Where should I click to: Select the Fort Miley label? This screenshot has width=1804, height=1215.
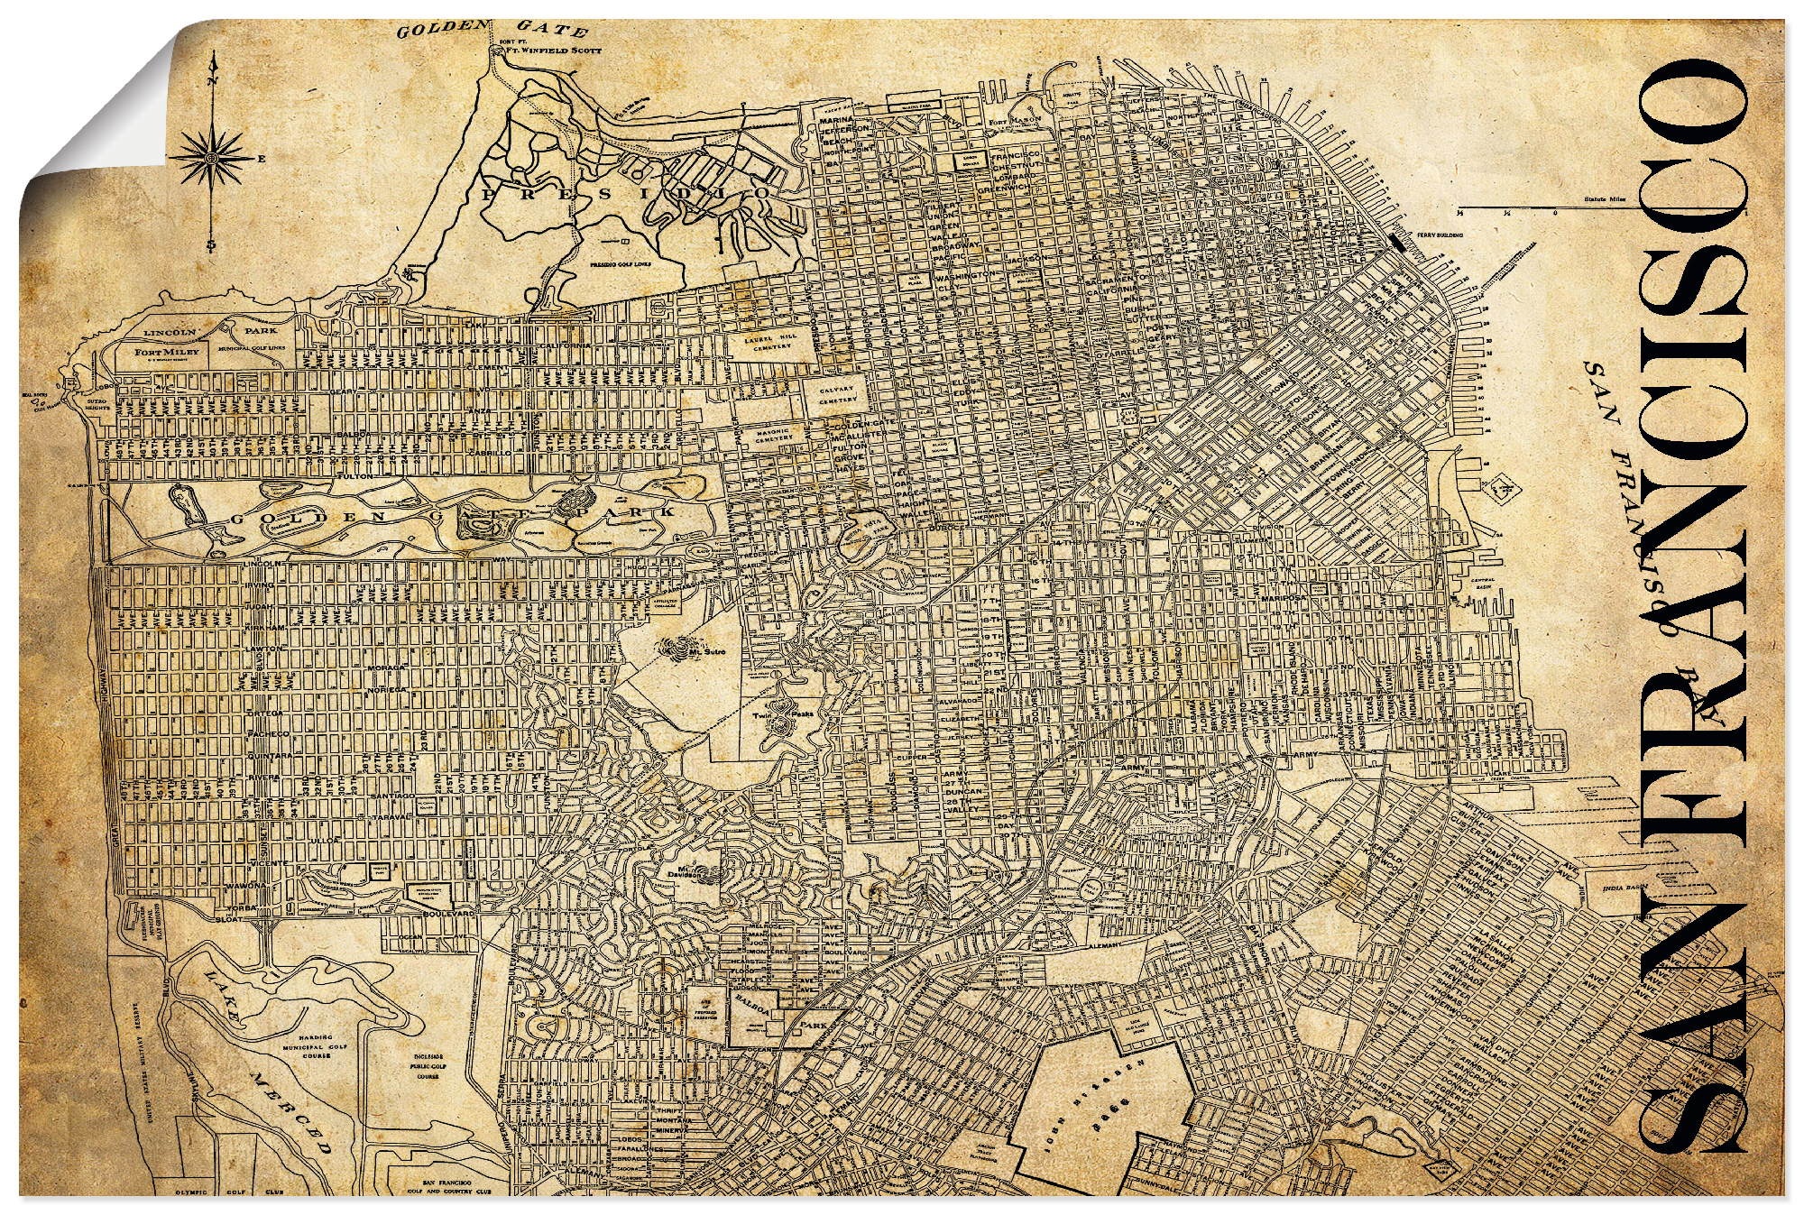click(x=159, y=353)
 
